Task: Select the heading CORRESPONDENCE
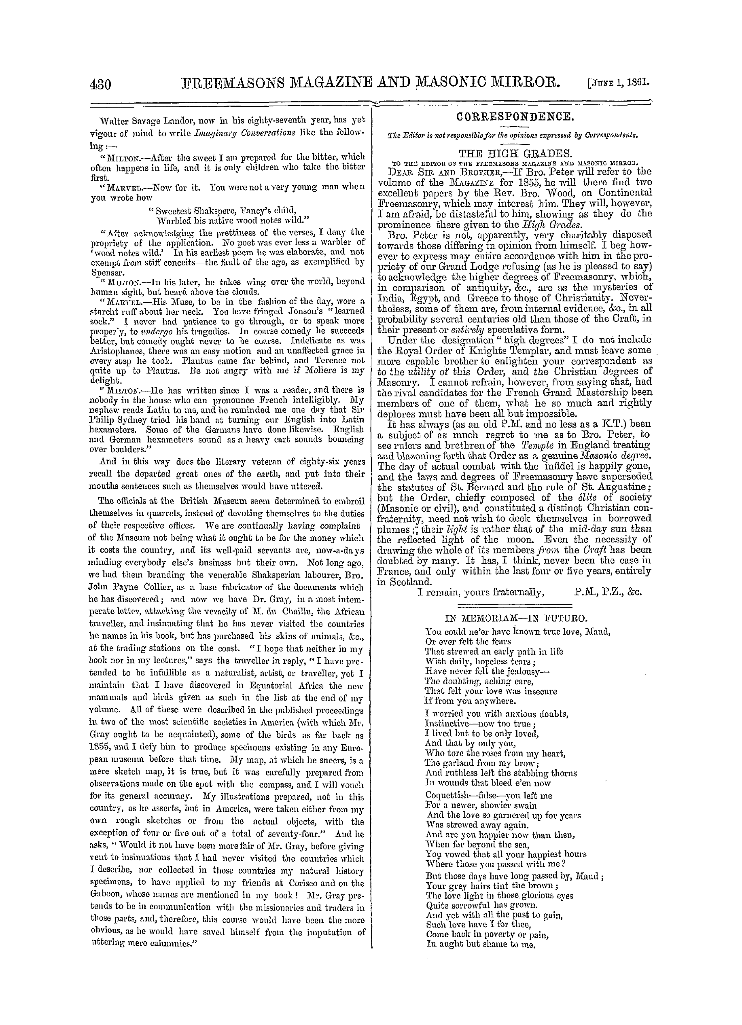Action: point(515,117)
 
